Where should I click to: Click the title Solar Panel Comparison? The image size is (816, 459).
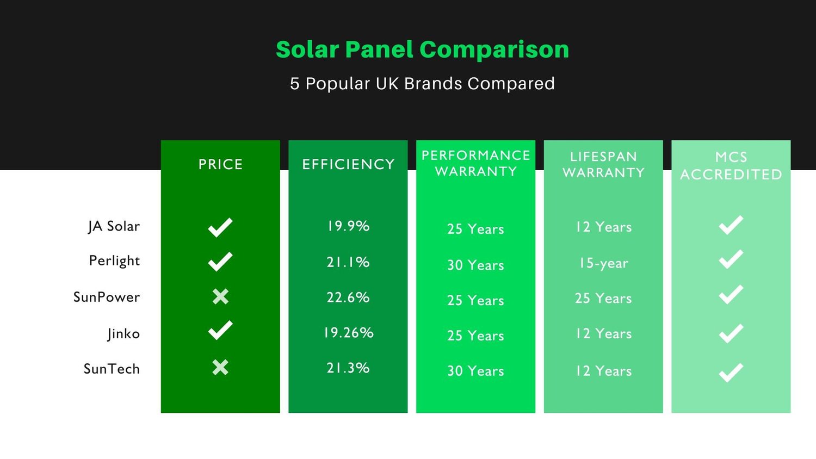422,49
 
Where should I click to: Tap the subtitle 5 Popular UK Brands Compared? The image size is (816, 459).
422,84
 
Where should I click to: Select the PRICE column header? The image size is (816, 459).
220,164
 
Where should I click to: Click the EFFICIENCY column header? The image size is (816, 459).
348,164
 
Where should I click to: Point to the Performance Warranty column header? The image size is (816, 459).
476,163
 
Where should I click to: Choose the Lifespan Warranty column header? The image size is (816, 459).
603,164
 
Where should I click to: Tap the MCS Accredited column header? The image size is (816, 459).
731,165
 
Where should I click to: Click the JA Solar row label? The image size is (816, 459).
114,226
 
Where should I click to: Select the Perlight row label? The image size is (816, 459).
114,261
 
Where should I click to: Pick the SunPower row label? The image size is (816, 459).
107,297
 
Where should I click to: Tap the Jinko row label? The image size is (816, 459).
123,333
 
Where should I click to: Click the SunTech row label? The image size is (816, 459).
112,369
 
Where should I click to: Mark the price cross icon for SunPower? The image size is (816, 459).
220,296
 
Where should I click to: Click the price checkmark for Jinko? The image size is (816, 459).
220,331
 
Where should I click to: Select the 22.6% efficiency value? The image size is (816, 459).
348,297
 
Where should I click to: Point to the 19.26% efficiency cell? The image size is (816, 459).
348,333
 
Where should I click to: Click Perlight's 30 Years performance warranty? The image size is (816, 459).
475,265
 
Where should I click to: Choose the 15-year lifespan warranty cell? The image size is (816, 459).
603,263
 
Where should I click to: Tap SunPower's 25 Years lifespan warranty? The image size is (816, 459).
603,299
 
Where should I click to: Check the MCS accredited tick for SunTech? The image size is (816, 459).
731,373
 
